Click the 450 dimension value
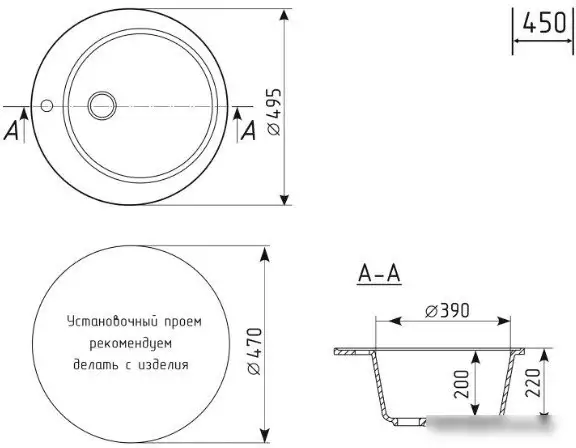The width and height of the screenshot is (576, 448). (544, 23)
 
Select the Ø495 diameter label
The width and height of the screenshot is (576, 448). (274, 112)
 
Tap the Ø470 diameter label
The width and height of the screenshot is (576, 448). (254, 351)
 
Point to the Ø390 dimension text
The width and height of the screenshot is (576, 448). (447, 311)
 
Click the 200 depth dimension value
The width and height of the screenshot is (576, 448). (461, 384)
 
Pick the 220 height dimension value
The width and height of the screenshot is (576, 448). (533, 382)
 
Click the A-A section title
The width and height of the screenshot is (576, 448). (379, 274)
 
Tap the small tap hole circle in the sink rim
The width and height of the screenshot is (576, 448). (47, 106)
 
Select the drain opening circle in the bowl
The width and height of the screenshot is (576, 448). (102, 105)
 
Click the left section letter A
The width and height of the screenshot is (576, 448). (11, 130)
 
